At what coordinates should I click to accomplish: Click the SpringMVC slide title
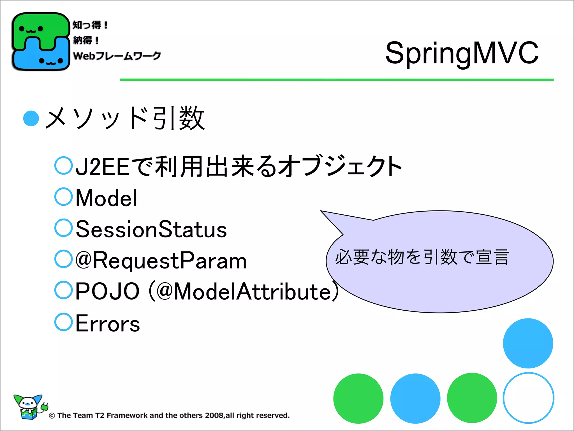[462, 53]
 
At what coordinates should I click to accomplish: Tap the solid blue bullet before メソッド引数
[31, 119]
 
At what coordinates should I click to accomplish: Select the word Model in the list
[107, 198]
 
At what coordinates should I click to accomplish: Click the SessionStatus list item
[151, 229]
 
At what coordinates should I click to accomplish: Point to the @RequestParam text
[161, 261]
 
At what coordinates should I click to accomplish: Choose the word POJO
[108, 292]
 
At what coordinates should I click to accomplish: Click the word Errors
[108, 324]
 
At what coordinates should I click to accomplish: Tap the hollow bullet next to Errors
[64, 322]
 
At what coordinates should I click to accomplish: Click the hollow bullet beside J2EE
[64, 166]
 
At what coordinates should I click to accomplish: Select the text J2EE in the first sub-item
[103, 167]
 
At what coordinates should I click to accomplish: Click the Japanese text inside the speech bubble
[422, 257]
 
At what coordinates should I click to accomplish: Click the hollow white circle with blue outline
[528, 398]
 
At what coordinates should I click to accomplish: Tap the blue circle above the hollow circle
[528, 343]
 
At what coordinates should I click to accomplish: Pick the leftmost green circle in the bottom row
[358, 398]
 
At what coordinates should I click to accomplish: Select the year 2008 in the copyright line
[214, 415]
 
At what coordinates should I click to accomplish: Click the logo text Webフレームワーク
[117, 56]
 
